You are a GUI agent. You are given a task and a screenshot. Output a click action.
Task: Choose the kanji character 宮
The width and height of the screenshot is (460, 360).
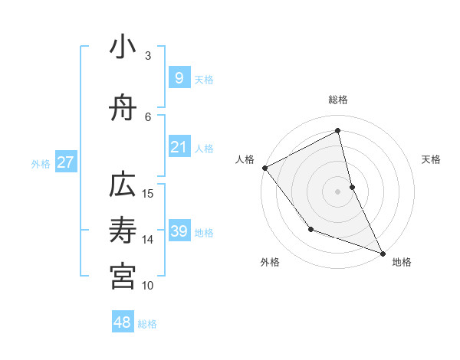(x=123, y=277)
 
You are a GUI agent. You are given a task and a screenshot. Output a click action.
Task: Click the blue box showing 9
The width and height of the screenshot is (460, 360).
(x=179, y=78)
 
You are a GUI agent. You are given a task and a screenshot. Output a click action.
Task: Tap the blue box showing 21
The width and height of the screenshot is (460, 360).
(x=179, y=148)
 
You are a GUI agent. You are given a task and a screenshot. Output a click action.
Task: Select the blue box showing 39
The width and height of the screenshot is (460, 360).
(x=179, y=231)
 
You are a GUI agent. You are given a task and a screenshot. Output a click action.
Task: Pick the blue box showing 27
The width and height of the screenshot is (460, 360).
(x=65, y=162)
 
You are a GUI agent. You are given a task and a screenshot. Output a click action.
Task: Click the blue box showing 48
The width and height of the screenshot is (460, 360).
(x=123, y=322)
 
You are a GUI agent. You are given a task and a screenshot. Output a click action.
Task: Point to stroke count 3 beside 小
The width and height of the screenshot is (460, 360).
(x=148, y=55)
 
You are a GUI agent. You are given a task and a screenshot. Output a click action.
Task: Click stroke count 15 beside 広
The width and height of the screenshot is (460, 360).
(x=148, y=193)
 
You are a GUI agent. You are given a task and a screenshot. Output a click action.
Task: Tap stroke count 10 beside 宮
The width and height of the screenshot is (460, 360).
(x=148, y=285)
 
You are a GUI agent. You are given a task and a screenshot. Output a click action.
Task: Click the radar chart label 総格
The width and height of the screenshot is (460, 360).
(x=338, y=100)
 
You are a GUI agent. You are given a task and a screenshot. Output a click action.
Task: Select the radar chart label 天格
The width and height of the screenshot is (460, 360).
(x=431, y=159)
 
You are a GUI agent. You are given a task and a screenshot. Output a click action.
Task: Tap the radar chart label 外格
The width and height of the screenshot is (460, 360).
(x=270, y=262)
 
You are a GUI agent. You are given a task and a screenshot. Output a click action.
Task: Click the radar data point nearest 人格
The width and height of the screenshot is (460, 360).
(x=264, y=168)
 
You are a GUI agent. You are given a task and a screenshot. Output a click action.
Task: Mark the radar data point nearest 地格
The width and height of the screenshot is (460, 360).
(x=383, y=253)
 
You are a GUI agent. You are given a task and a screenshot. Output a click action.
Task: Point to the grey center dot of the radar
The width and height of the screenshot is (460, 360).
(x=338, y=191)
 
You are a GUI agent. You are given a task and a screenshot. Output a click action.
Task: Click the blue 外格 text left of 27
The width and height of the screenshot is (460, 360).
(x=41, y=163)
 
